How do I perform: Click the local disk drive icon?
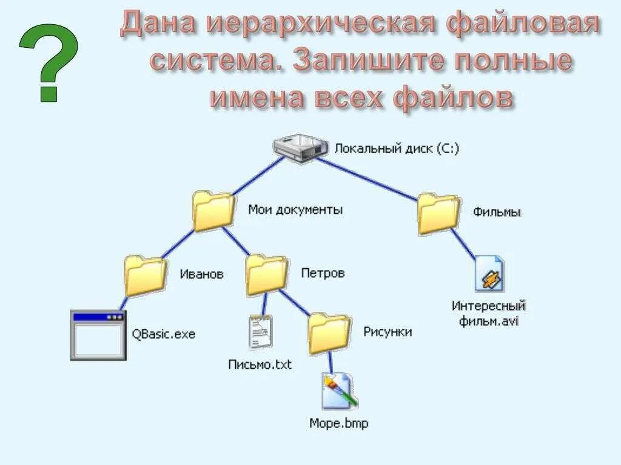point(300,147)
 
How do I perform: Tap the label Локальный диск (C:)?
point(397,148)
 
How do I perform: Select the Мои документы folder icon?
point(213,211)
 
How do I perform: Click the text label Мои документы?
point(295,210)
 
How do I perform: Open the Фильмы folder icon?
point(438,214)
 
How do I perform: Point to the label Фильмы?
point(497,213)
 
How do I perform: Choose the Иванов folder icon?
point(146,276)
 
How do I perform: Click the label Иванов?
point(201,274)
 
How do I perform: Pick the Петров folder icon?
point(267,275)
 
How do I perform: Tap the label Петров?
point(323,273)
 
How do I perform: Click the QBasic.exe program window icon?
point(98,335)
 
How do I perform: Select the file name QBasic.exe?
point(164,334)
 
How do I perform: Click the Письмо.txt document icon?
point(260,332)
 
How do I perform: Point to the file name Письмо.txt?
point(260,364)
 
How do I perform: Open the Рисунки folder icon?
point(329,334)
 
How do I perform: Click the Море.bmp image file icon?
point(338,391)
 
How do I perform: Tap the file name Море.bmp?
point(338,423)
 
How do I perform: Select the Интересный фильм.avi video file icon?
point(489,274)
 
